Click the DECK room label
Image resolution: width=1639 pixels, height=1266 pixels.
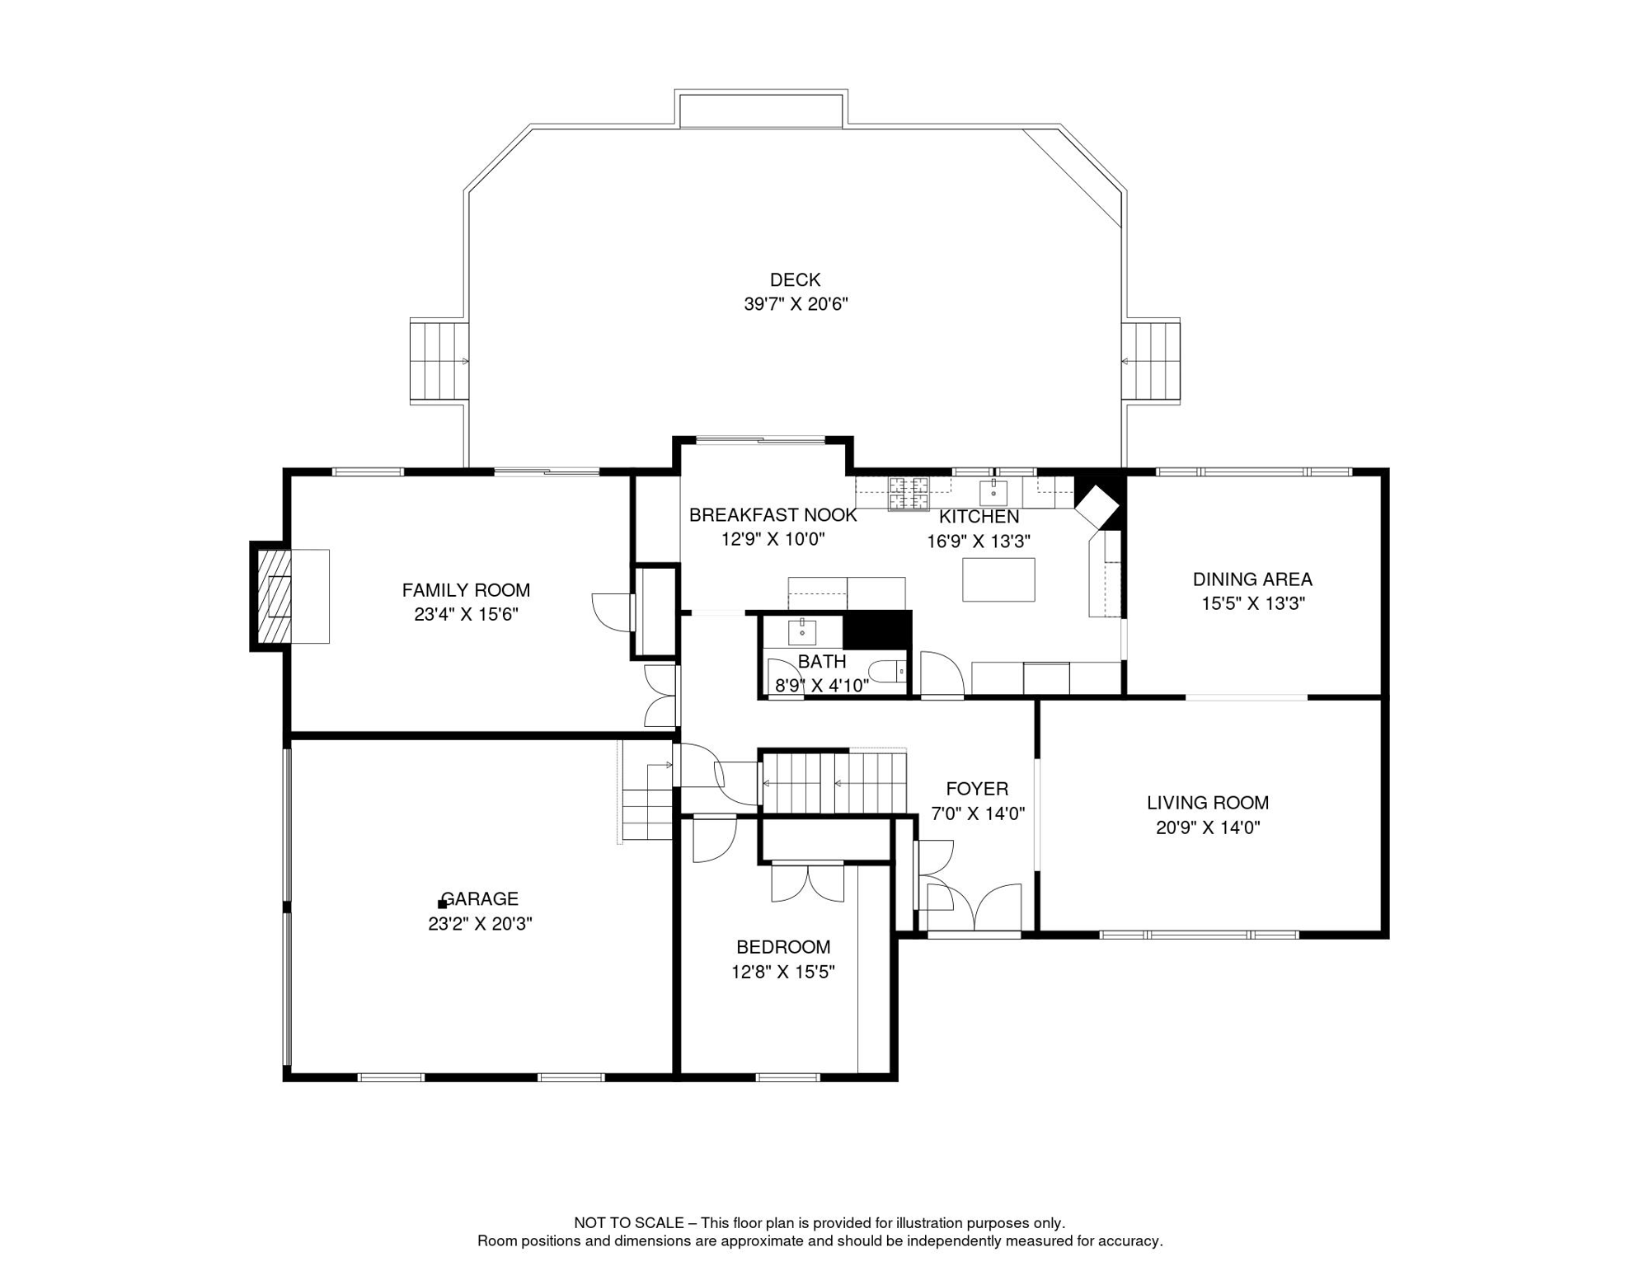click(795, 280)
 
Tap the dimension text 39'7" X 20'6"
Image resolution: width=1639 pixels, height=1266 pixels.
click(796, 304)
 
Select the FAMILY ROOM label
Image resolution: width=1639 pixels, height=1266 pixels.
click(466, 590)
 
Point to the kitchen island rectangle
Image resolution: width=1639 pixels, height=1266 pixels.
click(998, 579)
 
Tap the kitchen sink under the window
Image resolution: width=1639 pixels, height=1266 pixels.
click(993, 493)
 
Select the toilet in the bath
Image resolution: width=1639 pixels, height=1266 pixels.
click(890, 672)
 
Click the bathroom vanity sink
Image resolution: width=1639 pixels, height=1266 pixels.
click(801, 632)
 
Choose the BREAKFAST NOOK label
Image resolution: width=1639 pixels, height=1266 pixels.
click(773, 515)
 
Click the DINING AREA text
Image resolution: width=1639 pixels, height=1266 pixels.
click(1252, 579)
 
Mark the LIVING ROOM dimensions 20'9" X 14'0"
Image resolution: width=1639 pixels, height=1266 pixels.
click(1208, 828)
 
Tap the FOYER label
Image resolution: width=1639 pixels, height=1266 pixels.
click(977, 789)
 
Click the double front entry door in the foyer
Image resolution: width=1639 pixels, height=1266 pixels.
click(975, 908)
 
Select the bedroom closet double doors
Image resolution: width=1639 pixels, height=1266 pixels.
click(807, 882)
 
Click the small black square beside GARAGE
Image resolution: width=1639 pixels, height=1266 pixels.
click(442, 904)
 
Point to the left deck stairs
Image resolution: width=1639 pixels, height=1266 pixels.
click(439, 361)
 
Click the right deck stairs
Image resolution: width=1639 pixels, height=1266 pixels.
click(1151, 361)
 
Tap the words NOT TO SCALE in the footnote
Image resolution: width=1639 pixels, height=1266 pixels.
click(628, 1223)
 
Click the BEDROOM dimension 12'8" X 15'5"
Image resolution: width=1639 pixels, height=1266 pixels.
click(782, 973)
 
